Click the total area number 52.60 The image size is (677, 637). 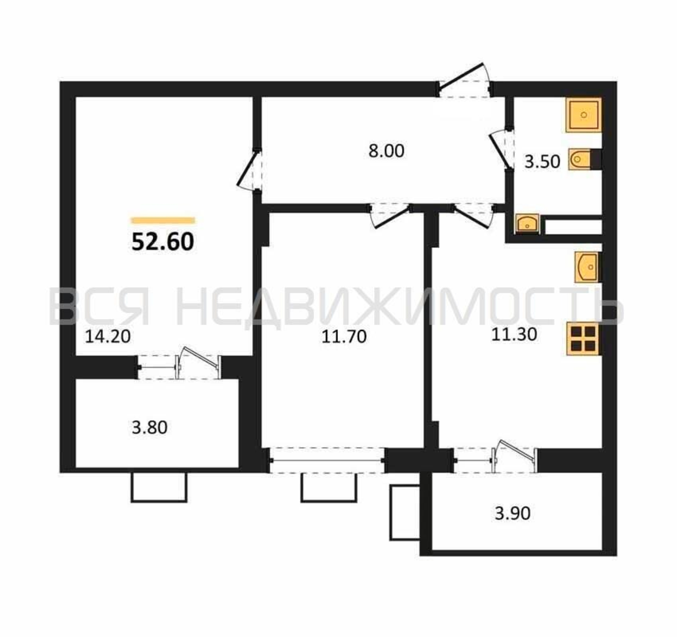(163, 242)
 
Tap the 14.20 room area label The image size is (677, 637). (108, 337)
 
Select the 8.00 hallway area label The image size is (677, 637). (386, 151)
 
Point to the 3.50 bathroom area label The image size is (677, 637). (542, 162)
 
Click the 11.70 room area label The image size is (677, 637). (344, 337)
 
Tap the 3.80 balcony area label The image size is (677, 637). (149, 428)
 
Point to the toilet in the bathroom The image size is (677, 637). (585, 159)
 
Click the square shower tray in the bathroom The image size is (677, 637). (584, 115)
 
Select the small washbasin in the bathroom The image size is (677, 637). (527, 224)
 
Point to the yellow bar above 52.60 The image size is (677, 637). (163, 221)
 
